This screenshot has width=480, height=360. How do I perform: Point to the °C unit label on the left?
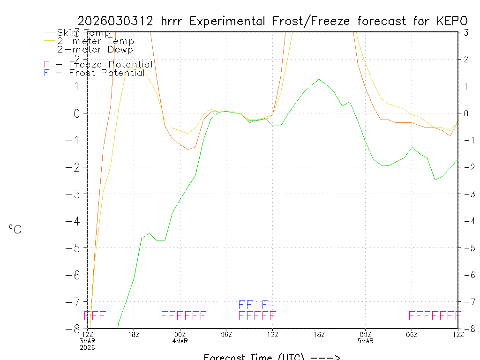coord(15,229)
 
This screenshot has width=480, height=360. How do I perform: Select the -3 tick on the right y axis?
coord(466,194)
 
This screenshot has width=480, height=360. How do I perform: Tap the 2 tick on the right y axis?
coord(466,59)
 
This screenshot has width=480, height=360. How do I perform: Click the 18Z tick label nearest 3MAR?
coord(134,334)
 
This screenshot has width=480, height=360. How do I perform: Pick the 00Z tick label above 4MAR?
coord(180,334)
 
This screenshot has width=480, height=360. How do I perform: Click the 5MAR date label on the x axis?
coord(366,341)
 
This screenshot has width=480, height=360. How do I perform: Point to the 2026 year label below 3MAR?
coord(88,347)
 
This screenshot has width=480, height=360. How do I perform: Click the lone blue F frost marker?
coord(265,305)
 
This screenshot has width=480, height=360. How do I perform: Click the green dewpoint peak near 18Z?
coord(319,79)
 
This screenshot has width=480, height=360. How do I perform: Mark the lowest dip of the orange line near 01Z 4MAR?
coord(188,149)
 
